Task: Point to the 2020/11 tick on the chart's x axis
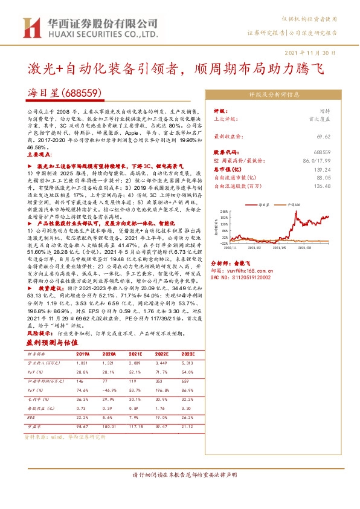pos(231,247)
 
